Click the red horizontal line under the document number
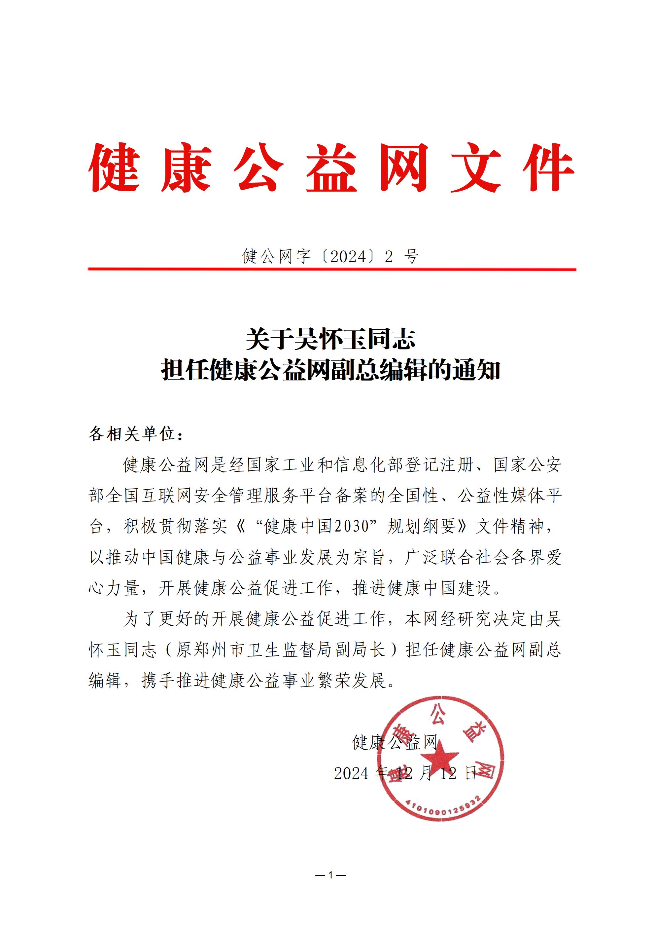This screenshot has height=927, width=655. pyautogui.click(x=332, y=269)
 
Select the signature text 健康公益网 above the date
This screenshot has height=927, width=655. pyautogui.click(x=395, y=742)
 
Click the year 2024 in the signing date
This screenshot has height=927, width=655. pyautogui.click(x=351, y=773)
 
